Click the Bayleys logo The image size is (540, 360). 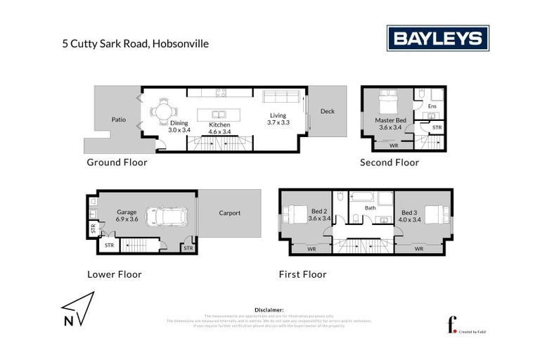pyautogui.click(x=437, y=38)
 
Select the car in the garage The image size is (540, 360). pyautogui.click(x=167, y=217)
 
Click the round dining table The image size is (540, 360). pyautogui.click(x=163, y=111)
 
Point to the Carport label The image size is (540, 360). pyautogui.click(x=229, y=213)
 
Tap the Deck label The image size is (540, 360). pyautogui.click(x=327, y=112)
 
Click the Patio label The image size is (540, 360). pyautogui.click(x=118, y=120)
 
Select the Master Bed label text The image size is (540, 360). pyautogui.click(x=388, y=120)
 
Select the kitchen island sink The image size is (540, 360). pyautogui.click(x=220, y=114)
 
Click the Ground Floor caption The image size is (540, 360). pyautogui.click(x=117, y=162)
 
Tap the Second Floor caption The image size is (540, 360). pyautogui.click(x=389, y=162)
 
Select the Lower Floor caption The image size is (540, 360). pyautogui.click(x=114, y=274)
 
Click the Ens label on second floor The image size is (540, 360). pyautogui.click(x=432, y=106)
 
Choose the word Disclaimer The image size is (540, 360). pyautogui.click(x=269, y=309)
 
